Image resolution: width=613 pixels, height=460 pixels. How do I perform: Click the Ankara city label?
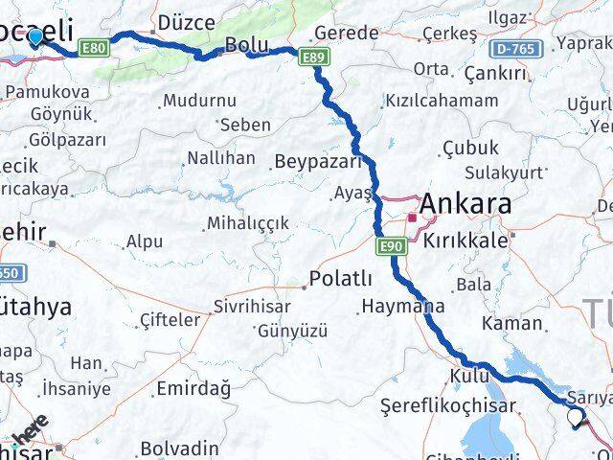coord(465,204)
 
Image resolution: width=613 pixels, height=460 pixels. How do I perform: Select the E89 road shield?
coord(310,59)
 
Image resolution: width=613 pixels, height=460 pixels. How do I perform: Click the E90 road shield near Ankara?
coord(393,247)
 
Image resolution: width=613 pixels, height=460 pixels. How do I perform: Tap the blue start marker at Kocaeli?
coord(35,37)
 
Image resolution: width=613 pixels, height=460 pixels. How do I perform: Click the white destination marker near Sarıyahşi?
coord(576,418)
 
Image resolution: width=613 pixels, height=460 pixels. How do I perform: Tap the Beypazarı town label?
coord(315,161)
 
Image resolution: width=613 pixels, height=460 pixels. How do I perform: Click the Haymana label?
coord(403,308)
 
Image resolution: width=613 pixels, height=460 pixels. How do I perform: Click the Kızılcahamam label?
coord(441,101)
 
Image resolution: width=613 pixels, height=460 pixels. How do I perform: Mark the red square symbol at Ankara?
coord(413,218)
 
